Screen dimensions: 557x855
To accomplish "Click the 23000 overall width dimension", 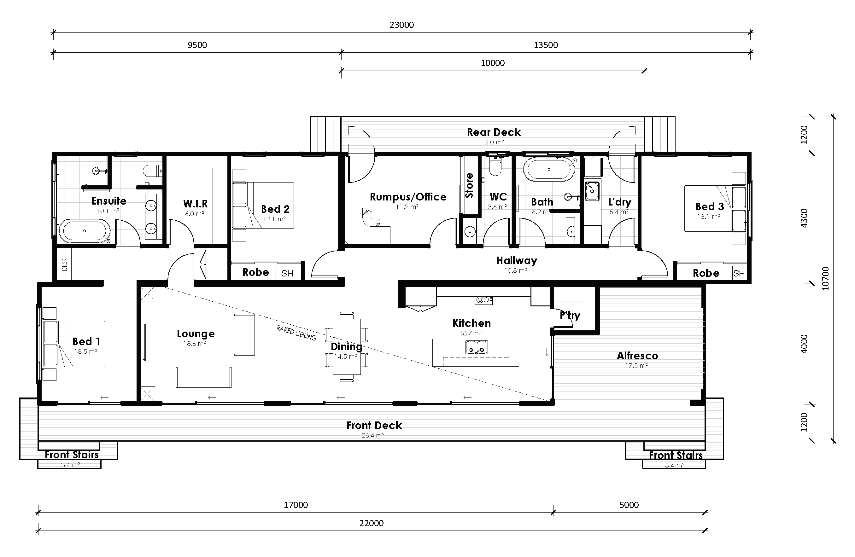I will point(401,25).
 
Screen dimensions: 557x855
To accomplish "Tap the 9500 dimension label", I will point(197,45).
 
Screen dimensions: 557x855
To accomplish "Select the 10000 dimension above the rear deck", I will point(493,63).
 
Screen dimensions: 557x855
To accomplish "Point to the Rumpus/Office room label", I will point(408,197).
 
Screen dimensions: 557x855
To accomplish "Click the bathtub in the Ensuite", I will point(85,231).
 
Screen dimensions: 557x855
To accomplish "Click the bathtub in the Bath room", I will point(548,169).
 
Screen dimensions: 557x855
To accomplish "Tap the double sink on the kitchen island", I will point(476,347).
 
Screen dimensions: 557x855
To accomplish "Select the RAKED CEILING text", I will point(296,333).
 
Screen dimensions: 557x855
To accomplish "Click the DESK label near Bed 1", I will point(65,265).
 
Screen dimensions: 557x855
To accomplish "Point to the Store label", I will point(469,185).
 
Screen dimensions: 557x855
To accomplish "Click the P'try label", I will point(570,315).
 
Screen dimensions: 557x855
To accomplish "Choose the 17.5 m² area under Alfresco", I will point(636,366).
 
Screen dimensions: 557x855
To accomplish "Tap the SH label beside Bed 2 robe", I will point(287,274).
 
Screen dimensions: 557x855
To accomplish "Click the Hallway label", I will point(517,260).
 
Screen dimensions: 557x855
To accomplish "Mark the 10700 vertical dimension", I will point(826,278).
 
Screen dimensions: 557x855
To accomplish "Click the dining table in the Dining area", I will point(347,346).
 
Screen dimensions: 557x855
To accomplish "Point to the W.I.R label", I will point(196,204).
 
